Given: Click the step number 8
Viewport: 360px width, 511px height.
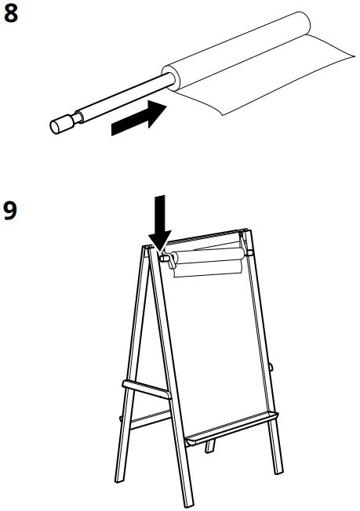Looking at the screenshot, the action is point(10,13).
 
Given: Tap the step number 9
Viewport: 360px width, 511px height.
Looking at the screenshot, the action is point(10,211).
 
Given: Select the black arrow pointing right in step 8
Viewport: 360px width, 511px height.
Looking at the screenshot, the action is point(140,118).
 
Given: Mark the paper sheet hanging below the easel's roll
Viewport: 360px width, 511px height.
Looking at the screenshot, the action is point(208,270).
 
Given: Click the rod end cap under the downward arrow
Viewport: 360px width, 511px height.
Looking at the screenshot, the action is point(164,258).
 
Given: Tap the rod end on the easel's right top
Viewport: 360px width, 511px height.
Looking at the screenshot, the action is point(250,252).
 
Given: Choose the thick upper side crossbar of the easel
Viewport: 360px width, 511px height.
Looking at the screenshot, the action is point(147,389).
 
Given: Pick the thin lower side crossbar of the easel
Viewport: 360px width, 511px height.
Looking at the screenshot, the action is point(149,419).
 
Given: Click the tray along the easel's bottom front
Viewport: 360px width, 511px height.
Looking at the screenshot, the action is point(231,429).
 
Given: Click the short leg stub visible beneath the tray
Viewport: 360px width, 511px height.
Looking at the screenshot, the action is point(210,445).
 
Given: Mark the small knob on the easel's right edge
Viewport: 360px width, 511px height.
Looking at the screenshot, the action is point(271,366).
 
